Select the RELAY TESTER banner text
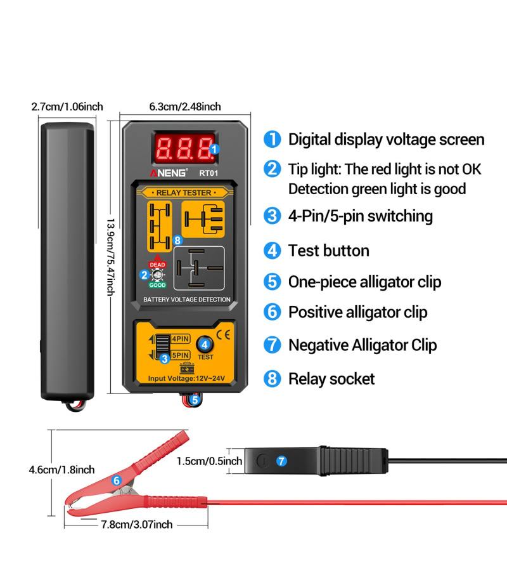tap(184, 192)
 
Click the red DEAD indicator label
tap(157, 265)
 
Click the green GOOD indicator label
tap(157, 285)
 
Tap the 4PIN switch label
tap(180, 339)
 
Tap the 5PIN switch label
tap(180, 355)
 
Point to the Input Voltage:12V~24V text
tap(186, 379)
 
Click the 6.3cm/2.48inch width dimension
tap(185, 107)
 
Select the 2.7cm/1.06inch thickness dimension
tap(67, 107)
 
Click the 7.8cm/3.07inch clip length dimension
tap(137, 524)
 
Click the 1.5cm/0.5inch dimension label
tap(210, 461)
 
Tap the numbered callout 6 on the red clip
tap(117, 481)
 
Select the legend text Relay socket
tap(331, 379)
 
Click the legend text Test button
tap(328, 251)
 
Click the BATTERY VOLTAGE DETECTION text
tap(186, 300)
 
